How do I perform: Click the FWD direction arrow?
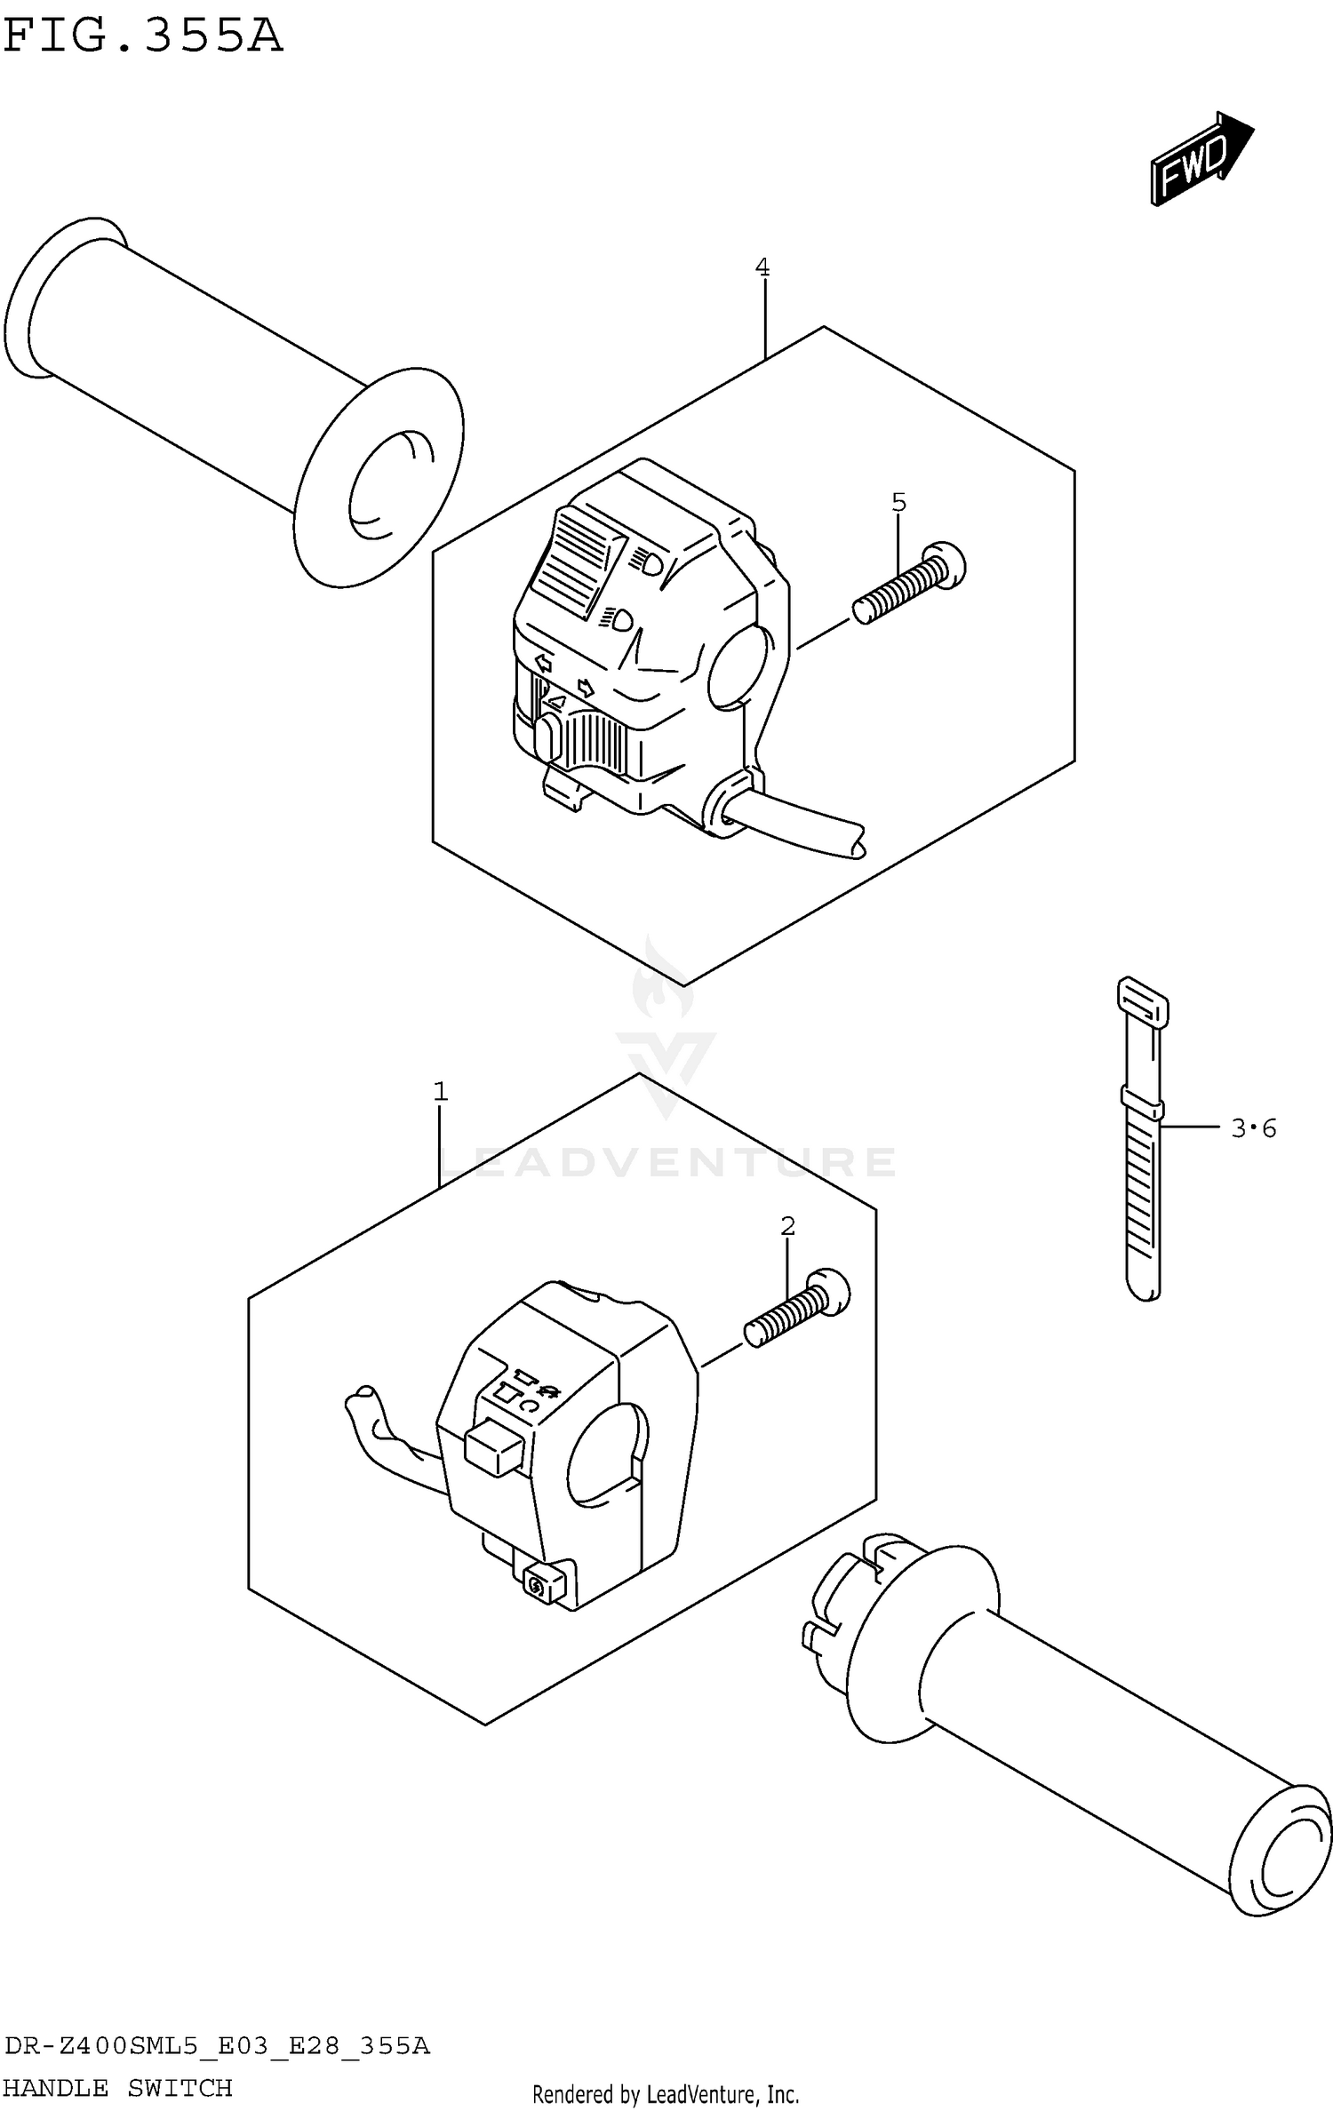click(x=1200, y=160)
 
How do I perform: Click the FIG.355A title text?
click(x=142, y=37)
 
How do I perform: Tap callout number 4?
click(x=762, y=267)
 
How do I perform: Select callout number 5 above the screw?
click(x=898, y=503)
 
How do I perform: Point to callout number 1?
click(x=440, y=1091)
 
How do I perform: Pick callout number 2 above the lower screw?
click(x=787, y=1226)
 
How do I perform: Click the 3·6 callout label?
click(x=1253, y=1128)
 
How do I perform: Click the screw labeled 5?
click(x=906, y=586)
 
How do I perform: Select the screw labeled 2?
click(x=795, y=1310)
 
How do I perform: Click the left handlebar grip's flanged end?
click(x=378, y=480)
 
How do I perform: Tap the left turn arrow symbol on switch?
click(x=543, y=663)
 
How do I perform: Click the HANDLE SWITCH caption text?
click(x=118, y=2088)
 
